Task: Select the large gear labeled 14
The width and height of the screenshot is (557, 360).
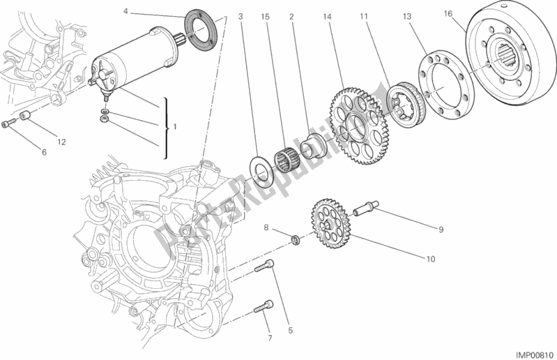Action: click(x=356, y=126)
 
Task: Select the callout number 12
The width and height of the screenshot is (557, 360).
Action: click(x=61, y=142)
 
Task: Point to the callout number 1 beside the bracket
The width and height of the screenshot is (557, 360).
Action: click(x=174, y=127)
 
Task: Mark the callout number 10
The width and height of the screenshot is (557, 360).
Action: click(x=430, y=259)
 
